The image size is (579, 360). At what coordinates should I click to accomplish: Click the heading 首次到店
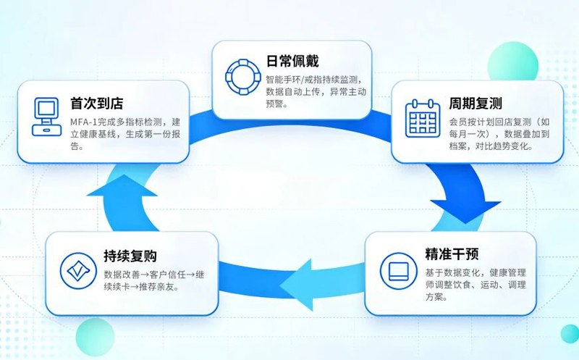tap(97, 103)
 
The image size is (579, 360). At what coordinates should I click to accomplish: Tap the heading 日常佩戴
tap(292, 61)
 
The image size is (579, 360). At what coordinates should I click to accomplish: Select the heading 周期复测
tap(476, 103)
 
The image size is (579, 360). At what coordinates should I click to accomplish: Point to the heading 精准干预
tap(452, 254)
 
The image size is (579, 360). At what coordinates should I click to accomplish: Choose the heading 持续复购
tap(130, 256)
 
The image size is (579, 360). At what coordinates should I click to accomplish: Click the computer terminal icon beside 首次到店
tap(46, 117)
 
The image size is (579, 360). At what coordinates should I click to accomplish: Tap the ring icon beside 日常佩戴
tap(243, 77)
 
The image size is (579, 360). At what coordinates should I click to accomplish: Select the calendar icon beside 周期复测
tap(423, 118)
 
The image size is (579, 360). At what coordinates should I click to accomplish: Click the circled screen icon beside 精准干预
tap(399, 271)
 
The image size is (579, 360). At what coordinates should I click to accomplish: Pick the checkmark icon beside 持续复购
tap(78, 271)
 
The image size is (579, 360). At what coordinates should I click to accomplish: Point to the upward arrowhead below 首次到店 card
tap(123, 185)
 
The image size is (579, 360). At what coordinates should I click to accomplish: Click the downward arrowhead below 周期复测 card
tap(465, 212)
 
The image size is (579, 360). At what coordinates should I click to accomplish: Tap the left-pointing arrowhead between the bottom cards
tap(295, 285)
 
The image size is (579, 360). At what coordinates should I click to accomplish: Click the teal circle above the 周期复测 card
tap(513, 63)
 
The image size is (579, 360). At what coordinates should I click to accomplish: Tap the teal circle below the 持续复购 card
tap(96, 337)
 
